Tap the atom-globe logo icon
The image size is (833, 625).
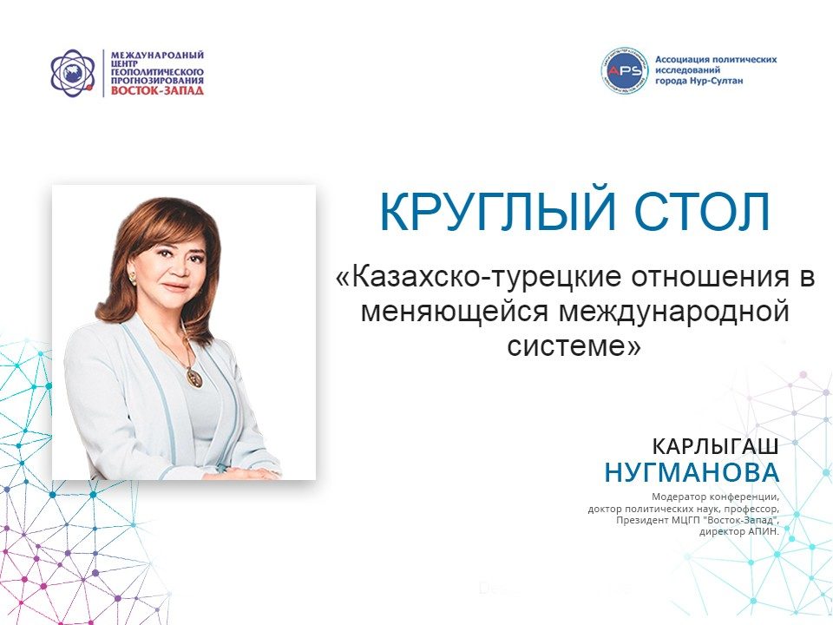coord(73,73)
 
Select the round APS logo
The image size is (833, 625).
coord(625,70)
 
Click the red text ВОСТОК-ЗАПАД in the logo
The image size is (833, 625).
coord(157,89)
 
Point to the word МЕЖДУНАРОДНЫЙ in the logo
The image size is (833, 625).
coord(157,55)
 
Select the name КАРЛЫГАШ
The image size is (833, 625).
coord(715,446)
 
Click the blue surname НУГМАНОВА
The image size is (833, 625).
coord(692,472)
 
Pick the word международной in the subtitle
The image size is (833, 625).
coord(673,312)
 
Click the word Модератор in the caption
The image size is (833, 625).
coord(679,497)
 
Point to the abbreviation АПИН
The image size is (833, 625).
coord(764,531)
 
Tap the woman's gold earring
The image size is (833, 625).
coord(131,277)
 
